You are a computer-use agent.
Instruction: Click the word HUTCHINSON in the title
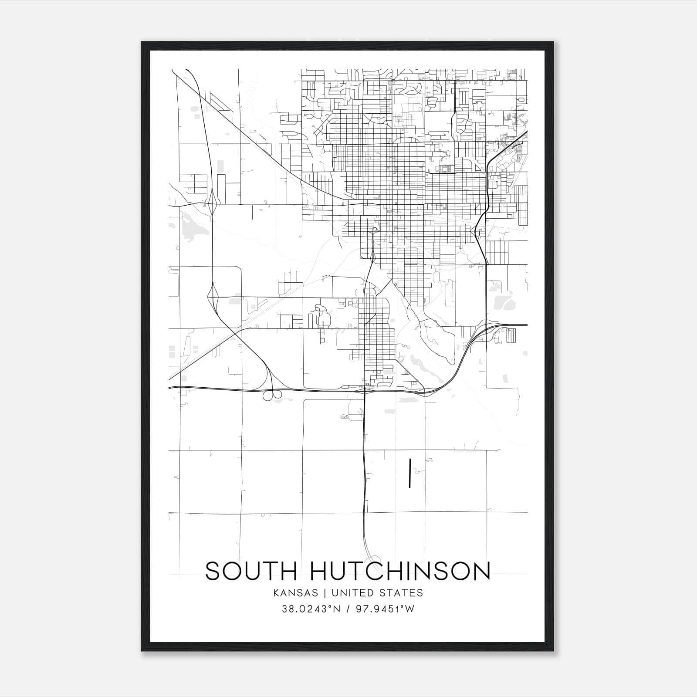pos(400,571)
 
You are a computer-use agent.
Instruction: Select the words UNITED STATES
pos(377,593)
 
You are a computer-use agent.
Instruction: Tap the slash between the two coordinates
pos(348,609)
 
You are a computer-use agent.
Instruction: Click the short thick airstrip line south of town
pos(410,473)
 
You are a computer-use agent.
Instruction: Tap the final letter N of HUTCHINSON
pos(481,571)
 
